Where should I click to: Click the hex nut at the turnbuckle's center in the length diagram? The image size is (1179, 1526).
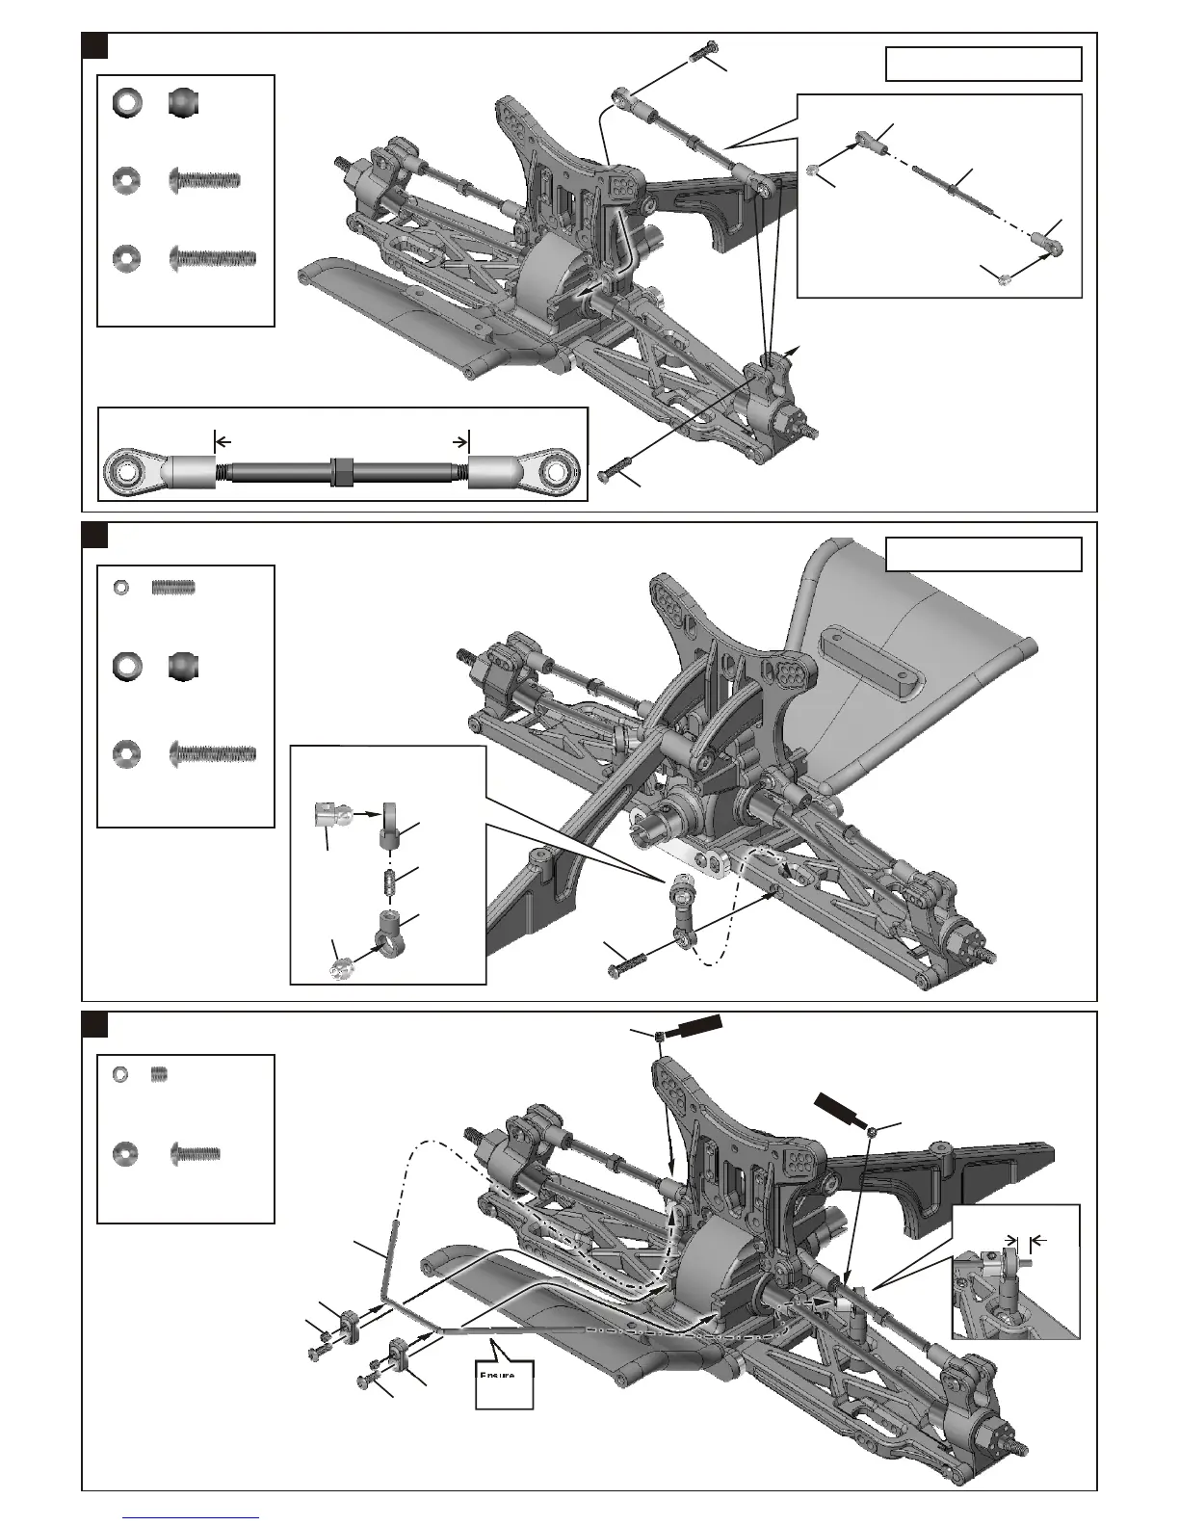click(341, 470)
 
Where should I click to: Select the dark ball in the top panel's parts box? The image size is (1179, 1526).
click(182, 103)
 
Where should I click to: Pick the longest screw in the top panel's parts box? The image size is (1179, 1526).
click(212, 257)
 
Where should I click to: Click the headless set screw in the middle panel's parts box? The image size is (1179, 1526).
click(173, 587)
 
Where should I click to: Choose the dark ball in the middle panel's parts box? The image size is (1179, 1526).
click(182, 667)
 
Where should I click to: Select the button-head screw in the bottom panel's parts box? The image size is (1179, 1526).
click(195, 1152)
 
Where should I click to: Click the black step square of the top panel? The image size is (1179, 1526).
click(93, 45)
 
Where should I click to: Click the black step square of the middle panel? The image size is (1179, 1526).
click(93, 535)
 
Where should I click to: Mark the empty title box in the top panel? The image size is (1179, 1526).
click(982, 64)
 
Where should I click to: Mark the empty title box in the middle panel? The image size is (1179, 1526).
click(982, 554)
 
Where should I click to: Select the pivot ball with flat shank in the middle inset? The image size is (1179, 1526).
click(330, 817)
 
